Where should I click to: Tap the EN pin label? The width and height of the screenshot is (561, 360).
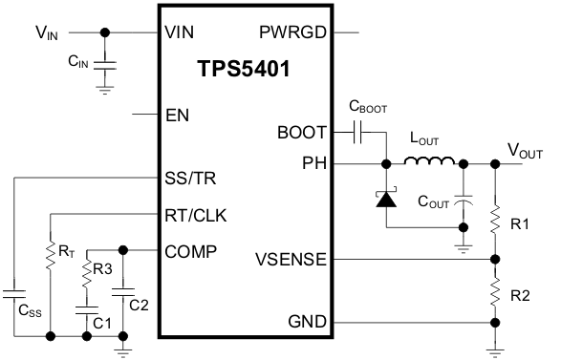(177, 116)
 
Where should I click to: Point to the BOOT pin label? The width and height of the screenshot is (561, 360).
(301, 133)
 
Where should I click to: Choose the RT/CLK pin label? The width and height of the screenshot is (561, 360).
(197, 215)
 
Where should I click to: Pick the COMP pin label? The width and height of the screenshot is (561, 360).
(191, 252)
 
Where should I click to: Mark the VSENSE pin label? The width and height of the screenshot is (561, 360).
(291, 259)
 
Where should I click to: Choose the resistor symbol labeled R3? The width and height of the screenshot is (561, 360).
(86, 271)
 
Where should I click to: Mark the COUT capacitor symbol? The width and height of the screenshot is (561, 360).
(464, 202)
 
